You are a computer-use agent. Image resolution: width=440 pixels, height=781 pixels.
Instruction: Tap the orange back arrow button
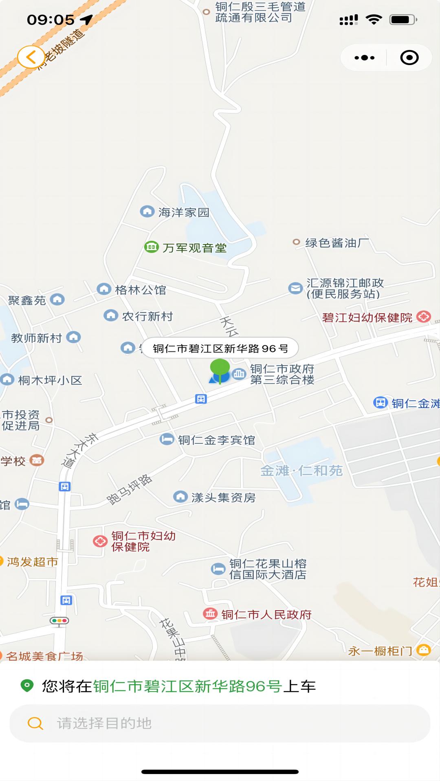[31, 57]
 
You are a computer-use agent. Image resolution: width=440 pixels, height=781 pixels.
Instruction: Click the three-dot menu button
[364, 58]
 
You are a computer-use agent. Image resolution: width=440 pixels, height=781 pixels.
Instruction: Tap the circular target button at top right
[409, 58]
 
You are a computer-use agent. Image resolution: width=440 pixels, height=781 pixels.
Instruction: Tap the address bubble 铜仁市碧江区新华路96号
[220, 349]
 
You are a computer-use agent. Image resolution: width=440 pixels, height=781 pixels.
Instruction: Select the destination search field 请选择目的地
[220, 723]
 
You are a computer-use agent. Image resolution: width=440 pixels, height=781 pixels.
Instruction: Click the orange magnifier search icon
[35, 723]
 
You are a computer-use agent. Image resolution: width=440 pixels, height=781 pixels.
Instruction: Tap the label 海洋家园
[184, 212]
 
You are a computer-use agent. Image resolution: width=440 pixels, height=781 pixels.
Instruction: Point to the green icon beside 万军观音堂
[152, 247]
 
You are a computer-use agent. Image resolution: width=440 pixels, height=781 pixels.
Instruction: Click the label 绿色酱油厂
[337, 243]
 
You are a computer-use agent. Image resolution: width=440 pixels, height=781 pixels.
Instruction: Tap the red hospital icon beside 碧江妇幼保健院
[424, 316]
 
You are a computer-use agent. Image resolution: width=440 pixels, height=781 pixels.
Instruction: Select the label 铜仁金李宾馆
[216, 440]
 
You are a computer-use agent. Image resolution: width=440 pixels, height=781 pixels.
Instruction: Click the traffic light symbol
[59, 621]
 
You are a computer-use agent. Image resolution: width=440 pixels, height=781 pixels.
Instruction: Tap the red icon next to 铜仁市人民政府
[210, 613]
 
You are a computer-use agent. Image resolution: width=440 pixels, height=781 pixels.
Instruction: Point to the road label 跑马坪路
[129, 489]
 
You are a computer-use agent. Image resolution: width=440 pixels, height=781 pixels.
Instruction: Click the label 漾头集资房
[223, 497]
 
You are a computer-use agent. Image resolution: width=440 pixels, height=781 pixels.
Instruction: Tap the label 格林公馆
[141, 290]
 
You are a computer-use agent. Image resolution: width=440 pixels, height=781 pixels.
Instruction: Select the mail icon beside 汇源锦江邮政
[295, 288]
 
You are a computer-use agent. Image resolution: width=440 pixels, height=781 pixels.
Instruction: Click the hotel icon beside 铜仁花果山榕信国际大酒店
[218, 568]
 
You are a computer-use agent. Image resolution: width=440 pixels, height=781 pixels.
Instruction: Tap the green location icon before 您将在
[27, 686]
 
